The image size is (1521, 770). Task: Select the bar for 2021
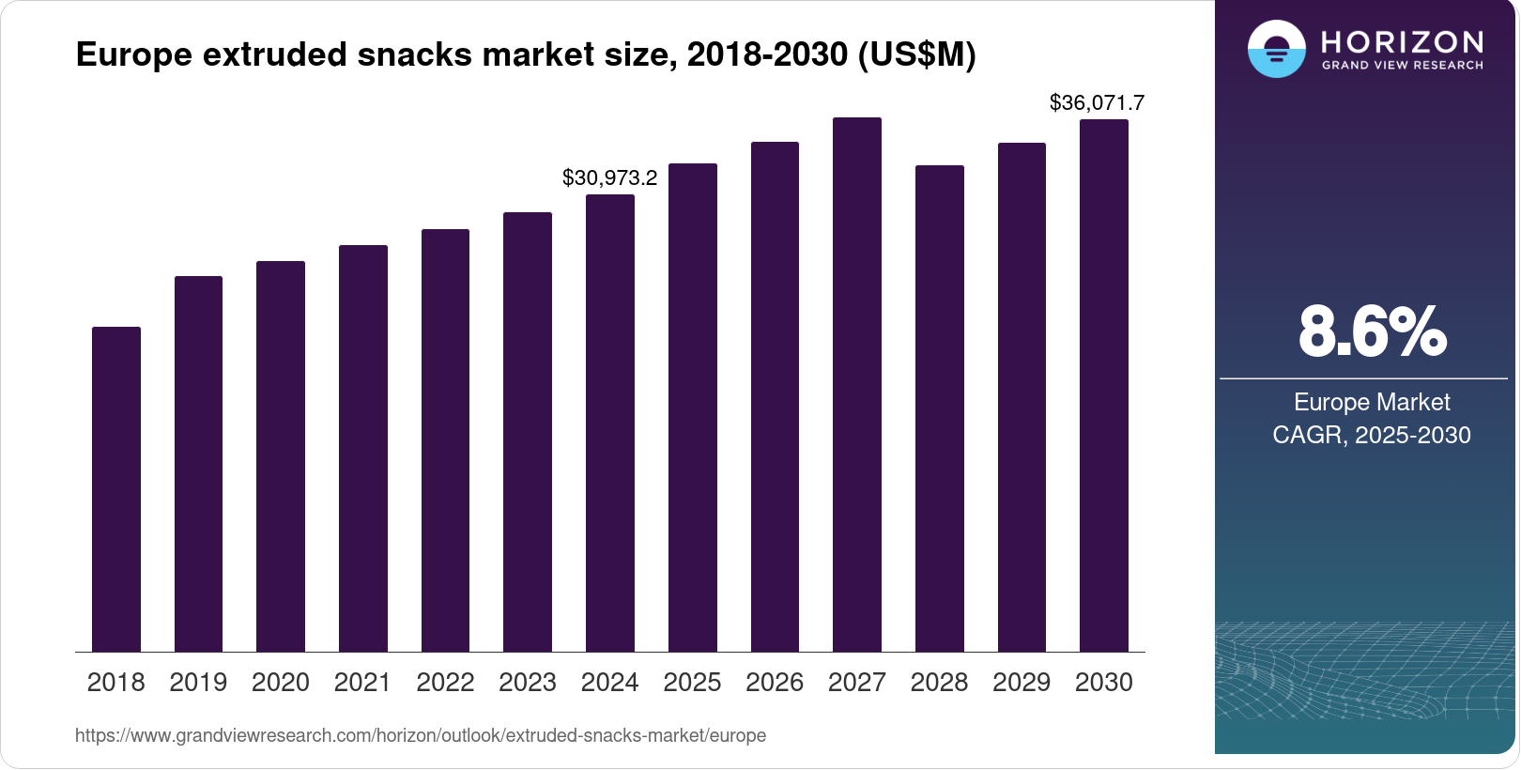coord(363,448)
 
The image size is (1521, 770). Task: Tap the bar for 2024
coord(610,423)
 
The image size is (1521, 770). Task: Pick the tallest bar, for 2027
coord(857,384)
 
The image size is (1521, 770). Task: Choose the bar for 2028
coord(940,408)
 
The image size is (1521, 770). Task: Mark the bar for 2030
coord(1104,385)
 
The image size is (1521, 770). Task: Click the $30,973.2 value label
coord(610,177)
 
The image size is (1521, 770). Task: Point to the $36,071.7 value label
coord(1097,102)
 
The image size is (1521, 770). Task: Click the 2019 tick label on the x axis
coord(198,683)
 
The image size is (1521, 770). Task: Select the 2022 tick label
coord(445,683)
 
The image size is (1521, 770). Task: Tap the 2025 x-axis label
coord(692,683)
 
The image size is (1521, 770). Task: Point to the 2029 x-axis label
coord(1022,683)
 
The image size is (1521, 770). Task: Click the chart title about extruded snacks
coord(526,54)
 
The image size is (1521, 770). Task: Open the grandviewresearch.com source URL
coord(421,735)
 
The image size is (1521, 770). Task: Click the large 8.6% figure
coord(1372,331)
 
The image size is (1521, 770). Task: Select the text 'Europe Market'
coord(1372,402)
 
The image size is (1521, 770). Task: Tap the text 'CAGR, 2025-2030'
coord(1372,435)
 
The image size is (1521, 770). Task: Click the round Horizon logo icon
coord(1276,49)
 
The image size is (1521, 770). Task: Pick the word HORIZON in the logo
coord(1403,41)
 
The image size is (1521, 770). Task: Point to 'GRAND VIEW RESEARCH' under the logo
coord(1403,66)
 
